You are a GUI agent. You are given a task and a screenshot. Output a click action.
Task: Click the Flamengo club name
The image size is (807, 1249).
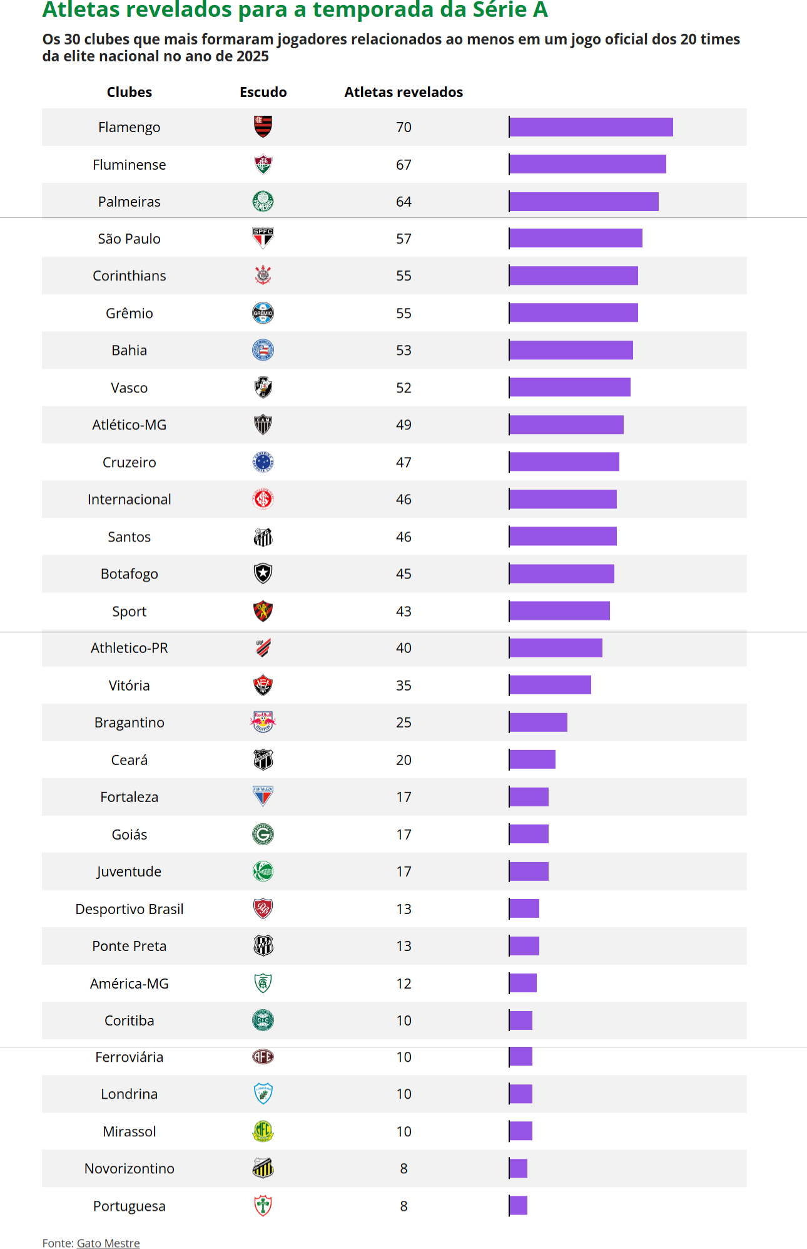point(129,127)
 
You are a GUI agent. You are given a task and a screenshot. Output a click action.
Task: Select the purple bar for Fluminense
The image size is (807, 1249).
point(587,164)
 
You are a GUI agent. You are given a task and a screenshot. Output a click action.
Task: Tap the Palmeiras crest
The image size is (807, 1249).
point(263,202)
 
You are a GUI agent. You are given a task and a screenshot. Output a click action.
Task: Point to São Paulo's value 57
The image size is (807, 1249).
point(403,239)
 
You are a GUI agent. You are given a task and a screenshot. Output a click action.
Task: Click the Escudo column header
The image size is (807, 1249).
point(263,92)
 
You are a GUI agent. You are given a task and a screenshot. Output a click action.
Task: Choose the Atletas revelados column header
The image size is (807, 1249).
point(403,92)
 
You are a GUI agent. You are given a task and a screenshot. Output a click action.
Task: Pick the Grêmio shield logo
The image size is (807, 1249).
point(263,313)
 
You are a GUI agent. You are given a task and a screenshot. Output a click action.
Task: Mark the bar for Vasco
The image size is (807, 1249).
point(570,388)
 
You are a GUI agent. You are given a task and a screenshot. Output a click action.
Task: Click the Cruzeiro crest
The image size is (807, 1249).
point(263,462)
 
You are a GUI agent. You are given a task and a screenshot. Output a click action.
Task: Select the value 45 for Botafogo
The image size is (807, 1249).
point(403,573)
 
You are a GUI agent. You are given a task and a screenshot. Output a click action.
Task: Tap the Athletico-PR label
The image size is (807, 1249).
point(129,648)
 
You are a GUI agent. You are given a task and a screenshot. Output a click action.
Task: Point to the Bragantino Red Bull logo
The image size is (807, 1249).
point(263,722)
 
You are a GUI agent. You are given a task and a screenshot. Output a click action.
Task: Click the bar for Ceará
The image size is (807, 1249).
point(532,759)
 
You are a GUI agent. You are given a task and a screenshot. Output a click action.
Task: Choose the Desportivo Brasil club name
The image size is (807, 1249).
point(129,909)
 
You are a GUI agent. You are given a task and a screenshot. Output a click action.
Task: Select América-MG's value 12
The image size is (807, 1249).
point(403,984)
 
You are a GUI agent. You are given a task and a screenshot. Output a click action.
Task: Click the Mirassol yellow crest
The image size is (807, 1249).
point(263,1131)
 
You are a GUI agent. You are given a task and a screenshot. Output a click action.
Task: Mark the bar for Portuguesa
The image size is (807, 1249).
point(519,1205)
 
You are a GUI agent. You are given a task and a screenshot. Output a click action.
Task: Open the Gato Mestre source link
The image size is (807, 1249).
point(108,1243)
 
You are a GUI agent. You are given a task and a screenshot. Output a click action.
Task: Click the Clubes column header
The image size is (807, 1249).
point(129,92)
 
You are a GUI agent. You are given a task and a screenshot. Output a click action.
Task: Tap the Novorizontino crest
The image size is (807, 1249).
point(263,1168)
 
